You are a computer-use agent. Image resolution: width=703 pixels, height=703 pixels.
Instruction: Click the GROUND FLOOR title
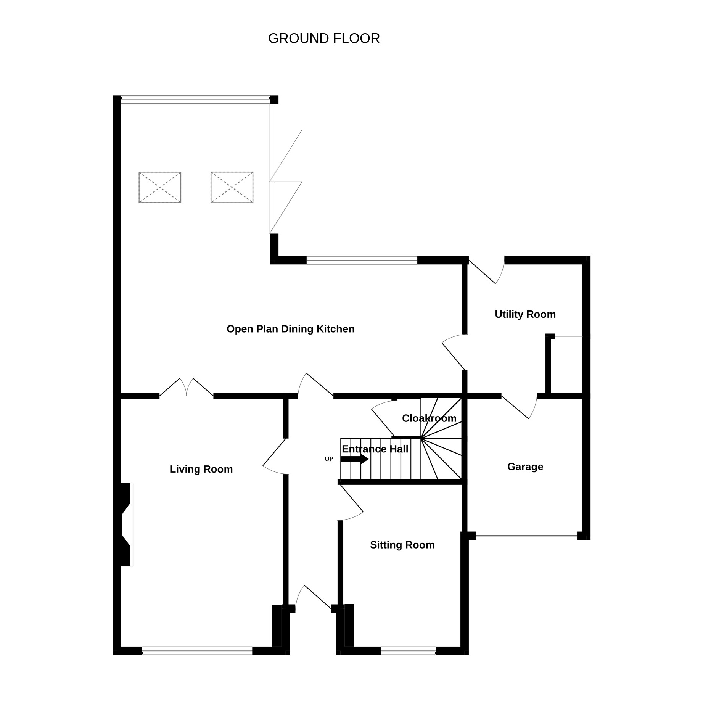[x=324, y=39]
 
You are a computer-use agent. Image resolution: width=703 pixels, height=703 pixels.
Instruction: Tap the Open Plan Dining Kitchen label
[x=291, y=329]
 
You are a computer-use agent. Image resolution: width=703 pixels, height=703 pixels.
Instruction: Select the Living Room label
[x=201, y=469]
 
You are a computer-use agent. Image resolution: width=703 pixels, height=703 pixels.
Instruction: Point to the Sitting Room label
[x=402, y=545]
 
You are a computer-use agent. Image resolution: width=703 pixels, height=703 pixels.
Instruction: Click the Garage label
[x=525, y=467]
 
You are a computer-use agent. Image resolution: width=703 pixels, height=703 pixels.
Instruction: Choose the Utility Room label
[x=525, y=314]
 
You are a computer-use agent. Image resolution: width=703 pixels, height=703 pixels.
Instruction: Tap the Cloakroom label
[x=429, y=418]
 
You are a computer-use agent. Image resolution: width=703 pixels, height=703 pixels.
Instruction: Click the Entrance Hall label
[x=375, y=449]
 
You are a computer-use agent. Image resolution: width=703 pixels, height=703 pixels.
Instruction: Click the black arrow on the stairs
[x=354, y=459]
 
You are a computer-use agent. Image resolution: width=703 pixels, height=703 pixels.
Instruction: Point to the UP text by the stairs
[x=329, y=459]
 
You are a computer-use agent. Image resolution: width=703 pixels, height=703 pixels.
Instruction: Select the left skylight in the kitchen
[x=160, y=187]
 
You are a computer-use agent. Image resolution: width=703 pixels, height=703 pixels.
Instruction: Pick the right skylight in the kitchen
[x=232, y=187]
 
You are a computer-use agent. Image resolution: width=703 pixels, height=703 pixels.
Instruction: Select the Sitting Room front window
[x=408, y=651]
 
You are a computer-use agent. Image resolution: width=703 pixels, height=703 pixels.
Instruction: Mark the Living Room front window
[x=197, y=651]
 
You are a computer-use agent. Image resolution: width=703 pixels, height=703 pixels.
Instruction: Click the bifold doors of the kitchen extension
[x=285, y=182]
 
